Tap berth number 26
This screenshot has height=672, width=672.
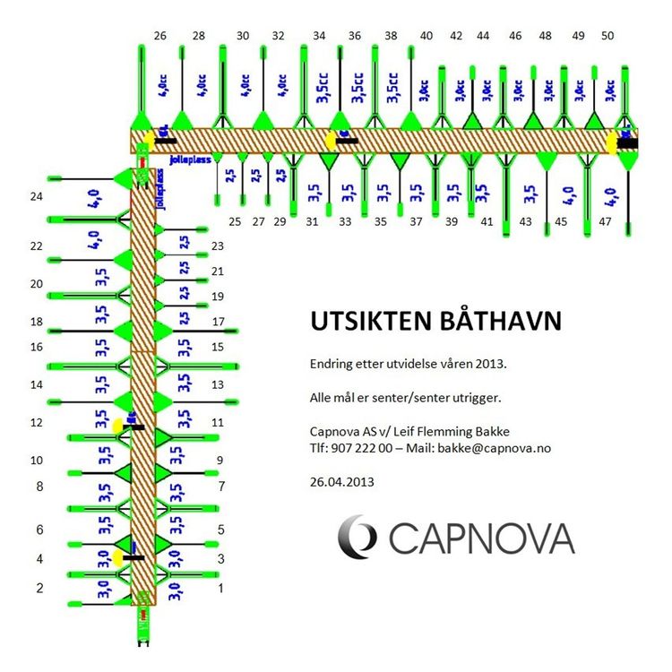click(160, 36)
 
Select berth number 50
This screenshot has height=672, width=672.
click(607, 36)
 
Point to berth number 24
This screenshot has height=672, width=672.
click(37, 196)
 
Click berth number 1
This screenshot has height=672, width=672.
click(221, 588)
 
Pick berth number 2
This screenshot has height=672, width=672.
click(39, 588)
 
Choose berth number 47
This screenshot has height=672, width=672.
click(605, 221)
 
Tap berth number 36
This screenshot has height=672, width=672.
click(355, 36)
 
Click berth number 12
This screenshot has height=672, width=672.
click(37, 422)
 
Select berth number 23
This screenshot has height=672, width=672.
click(217, 246)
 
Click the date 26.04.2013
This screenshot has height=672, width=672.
click(341, 481)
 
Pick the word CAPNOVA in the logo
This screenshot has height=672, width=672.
click(481, 538)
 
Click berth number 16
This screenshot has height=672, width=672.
click(37, 347)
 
